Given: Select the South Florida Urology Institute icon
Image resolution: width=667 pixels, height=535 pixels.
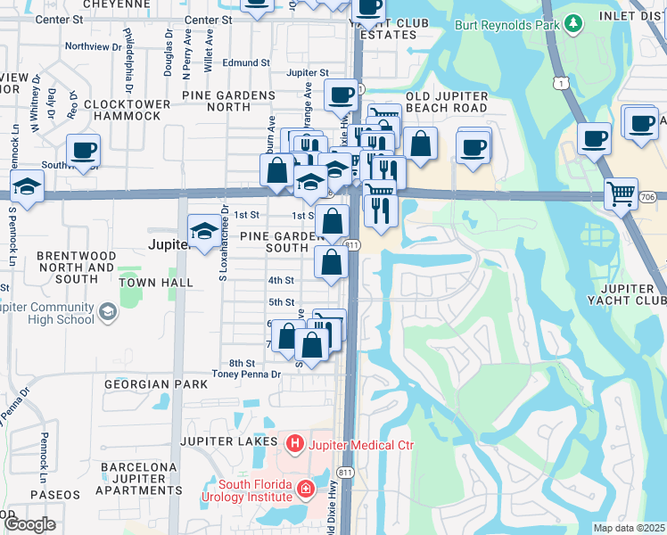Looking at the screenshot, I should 305,489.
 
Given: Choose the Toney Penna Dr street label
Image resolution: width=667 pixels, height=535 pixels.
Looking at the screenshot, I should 246,375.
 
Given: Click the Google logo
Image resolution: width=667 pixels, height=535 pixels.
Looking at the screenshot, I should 29,524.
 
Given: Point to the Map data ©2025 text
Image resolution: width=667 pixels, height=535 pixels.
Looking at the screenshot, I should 629,528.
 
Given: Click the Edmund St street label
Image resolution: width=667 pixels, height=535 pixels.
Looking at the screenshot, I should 246,63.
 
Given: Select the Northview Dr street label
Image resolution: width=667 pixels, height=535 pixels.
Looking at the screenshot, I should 93,46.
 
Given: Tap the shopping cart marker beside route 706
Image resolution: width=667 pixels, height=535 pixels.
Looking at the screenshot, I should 621,193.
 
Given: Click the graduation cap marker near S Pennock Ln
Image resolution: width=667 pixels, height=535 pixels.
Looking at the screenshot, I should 28,188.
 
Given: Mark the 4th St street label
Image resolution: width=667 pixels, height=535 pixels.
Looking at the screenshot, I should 281,280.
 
